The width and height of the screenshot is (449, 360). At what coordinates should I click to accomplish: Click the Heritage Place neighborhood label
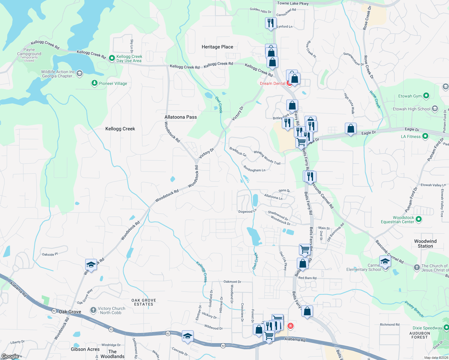coord(217,47)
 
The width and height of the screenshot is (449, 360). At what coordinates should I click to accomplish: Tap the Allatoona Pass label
coord(180,117)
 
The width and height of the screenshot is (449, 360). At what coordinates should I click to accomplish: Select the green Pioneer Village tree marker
coord(95,83)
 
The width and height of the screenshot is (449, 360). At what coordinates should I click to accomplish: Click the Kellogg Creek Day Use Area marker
coord(112,58)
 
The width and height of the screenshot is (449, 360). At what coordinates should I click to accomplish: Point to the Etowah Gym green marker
coord(426,96)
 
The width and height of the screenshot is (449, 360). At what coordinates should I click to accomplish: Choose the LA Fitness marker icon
coord(425,136)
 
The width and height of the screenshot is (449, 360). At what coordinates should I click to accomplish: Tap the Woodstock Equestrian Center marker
coord(419,219)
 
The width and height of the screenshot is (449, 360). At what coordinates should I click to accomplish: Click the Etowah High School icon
coord(435,109)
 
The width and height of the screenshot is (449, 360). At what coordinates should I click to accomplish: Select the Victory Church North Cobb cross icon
coord(93,310)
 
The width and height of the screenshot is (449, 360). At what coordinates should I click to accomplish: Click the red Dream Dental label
coord(273,83)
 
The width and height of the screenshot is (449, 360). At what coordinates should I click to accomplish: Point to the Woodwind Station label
coord(425,244)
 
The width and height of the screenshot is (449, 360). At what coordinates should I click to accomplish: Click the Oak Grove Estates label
coord(144,302)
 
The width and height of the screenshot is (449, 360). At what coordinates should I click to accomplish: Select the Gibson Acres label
coord(85,349)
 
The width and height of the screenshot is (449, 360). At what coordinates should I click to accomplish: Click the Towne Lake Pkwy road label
coord(293,3)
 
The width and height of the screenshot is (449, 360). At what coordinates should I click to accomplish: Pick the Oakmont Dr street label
coord(232,282)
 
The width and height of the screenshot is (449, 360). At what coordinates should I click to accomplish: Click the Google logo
coord(10,356)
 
